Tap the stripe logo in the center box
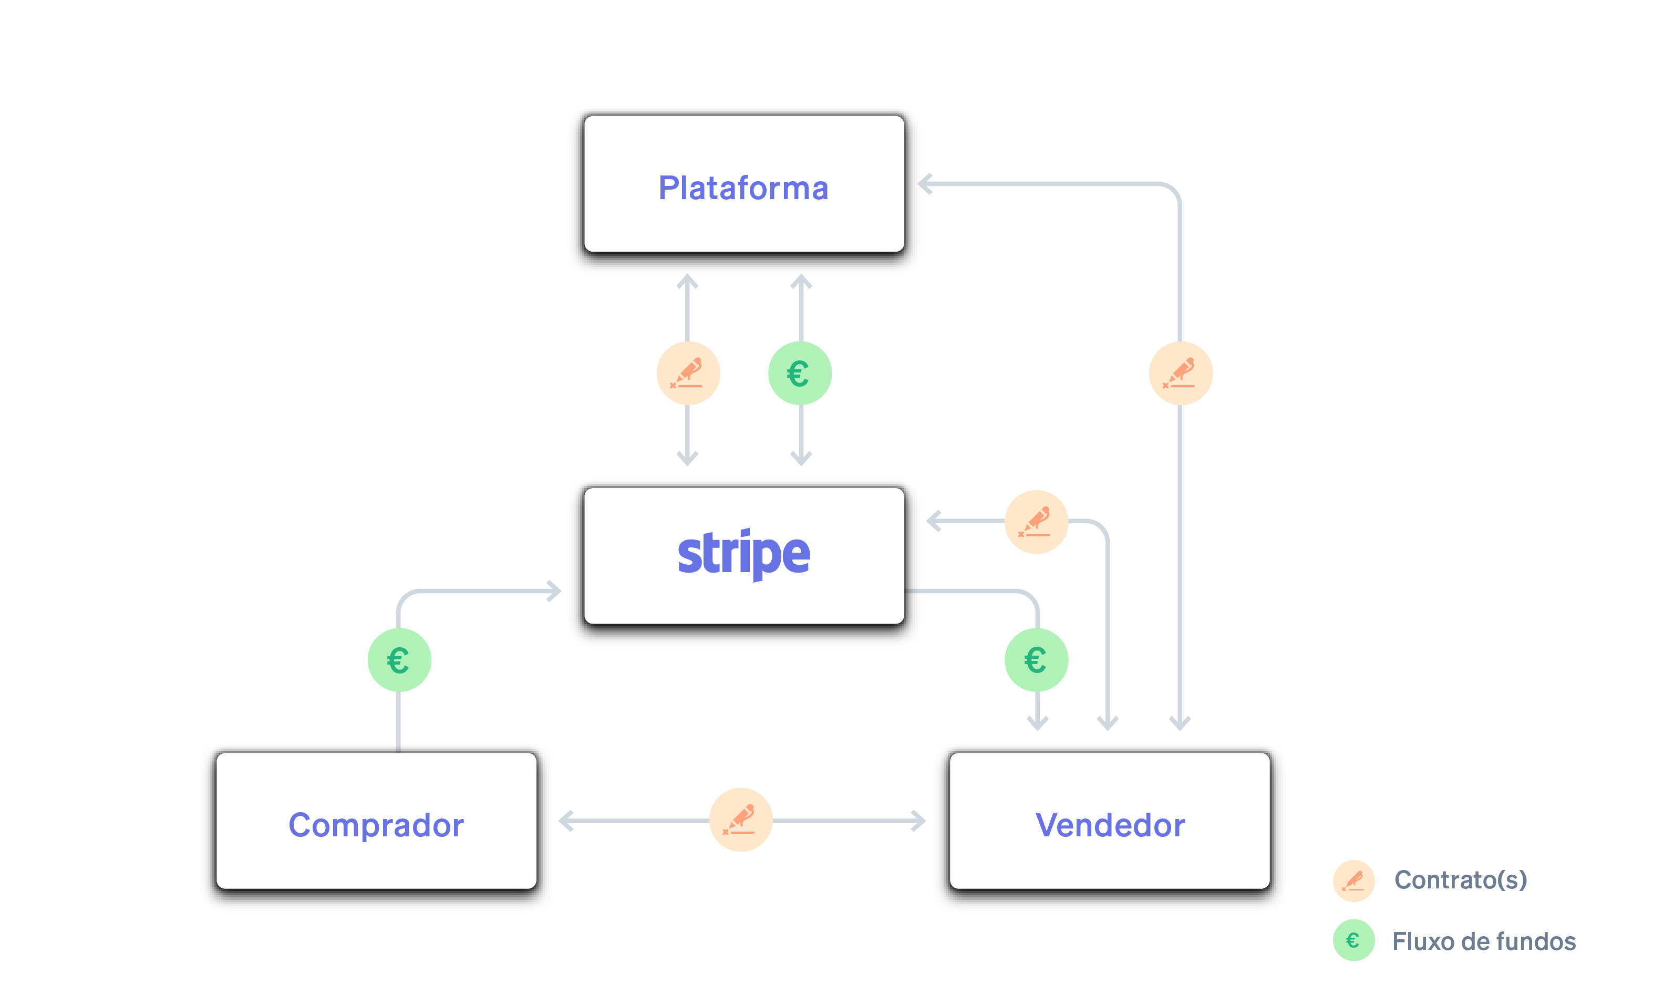point(743,553)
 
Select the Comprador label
point(376,825)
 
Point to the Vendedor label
point(1110,825)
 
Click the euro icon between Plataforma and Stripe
point(800,374)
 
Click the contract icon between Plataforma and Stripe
point(687,374)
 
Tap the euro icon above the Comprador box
point(399,660)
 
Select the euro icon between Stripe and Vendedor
point(1036,660)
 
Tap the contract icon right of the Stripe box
point(1036,521)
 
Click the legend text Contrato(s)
point(1460,879)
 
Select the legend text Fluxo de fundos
point(1484,941)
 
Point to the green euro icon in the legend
point(1353,940)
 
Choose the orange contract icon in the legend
point(1353,880)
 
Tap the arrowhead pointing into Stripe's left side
point(554,591)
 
